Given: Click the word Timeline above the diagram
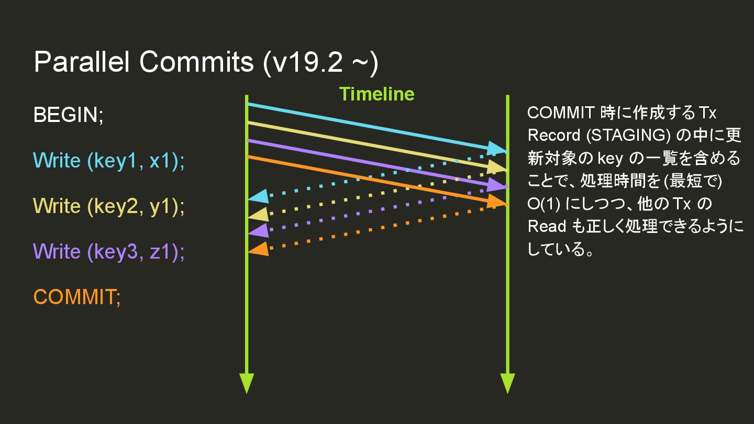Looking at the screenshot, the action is click(376, 94).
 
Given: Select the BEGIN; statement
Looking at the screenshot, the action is click(69, 115).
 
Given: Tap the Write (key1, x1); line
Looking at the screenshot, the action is click(109, 161).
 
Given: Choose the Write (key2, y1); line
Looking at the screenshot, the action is click(109, 206).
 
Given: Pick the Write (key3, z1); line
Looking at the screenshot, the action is click(109, 252).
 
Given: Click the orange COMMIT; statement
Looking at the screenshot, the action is click(77, 297).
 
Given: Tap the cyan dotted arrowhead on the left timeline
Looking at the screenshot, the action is click(258, 197).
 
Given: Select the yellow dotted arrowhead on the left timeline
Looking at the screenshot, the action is click(258, 214).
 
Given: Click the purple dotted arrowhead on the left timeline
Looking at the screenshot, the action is click(258, 231).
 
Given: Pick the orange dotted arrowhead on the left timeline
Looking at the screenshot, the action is click(258, 249).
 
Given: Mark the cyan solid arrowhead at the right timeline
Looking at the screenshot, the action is click(496, 149).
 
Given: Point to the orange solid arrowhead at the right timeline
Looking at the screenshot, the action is click(496, 202).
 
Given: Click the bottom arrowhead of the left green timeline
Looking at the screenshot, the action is click(246, 383).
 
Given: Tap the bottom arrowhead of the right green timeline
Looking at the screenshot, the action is click(507, 383).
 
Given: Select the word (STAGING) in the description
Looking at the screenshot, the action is click(628, 135).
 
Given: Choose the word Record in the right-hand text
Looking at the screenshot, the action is click(553, 135).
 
